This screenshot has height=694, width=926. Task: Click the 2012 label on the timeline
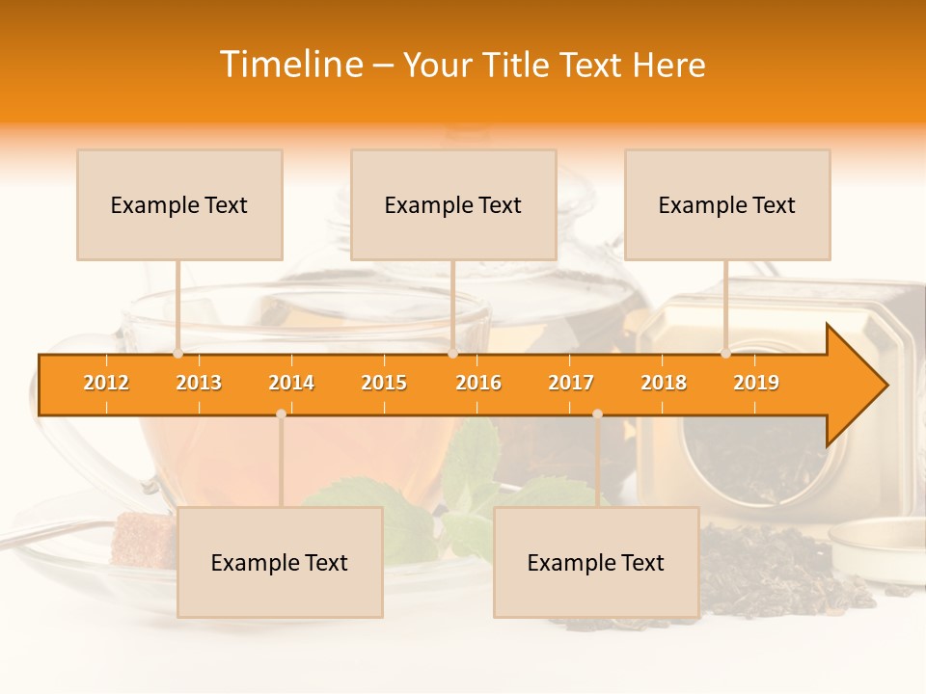106,383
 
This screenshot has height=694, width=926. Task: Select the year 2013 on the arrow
199,383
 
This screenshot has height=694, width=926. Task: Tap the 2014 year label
291,383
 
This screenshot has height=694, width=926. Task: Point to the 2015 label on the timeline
384,383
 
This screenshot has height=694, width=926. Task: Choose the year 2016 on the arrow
478,383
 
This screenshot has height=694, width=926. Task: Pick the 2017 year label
571,383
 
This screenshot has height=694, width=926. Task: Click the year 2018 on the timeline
664,383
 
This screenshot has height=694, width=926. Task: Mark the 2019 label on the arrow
756,383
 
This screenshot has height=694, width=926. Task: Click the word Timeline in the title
290,65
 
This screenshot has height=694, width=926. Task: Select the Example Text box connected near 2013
179,204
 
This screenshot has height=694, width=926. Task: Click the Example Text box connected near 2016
453,204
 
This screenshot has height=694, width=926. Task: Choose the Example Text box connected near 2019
727,204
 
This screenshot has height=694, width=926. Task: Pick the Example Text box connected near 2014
280,562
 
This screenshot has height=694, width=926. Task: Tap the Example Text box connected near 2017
596,562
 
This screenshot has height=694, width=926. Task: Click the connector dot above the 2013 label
177,354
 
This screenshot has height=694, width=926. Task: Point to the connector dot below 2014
281,414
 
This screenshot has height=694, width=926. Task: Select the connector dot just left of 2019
725,354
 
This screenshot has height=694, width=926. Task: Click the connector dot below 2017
597,414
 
